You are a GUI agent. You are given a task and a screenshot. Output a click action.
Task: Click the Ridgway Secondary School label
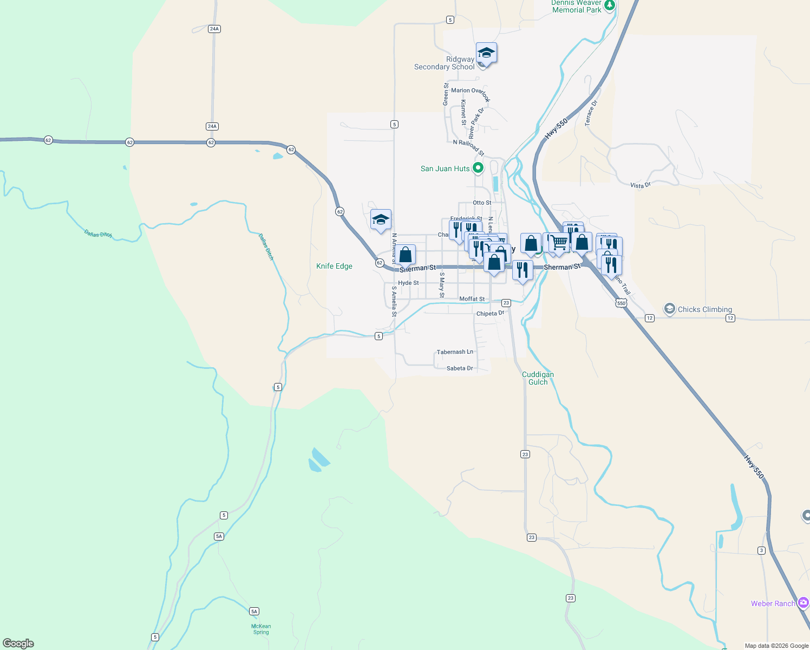pyautogui.click(x=445, y=63)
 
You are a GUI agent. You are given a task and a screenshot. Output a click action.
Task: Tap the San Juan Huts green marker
pyautogui.click(x=478, y=168)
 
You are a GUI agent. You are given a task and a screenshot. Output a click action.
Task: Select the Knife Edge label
pyautogui.click(x=334, y=266)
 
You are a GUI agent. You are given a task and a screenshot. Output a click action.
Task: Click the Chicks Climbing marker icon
pyautogui.click(x=670, y=309)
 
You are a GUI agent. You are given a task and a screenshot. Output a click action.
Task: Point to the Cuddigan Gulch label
pyautogui.click(x=538, y=378)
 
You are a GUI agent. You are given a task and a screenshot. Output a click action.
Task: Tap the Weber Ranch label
pyautogui.click(x=773, y=603)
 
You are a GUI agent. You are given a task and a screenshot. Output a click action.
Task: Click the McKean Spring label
pyautogui.click(x=261, y=629)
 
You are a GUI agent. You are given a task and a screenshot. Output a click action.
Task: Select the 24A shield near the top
pyautogui.click(x=214, y=29)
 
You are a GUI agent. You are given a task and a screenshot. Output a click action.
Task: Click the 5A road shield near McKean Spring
pyautogui.click(x=254, y=611)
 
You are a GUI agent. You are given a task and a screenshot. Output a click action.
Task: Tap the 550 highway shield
pyautogui.click(x=621, y=303)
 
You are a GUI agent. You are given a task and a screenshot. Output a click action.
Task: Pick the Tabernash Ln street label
pyautogui.click(x=455, y=352)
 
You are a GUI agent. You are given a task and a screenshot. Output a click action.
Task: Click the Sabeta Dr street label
pyautogui.click(x=460, y=368)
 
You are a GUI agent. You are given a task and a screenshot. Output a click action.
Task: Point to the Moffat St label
pyautogui.click(x=472, y=299)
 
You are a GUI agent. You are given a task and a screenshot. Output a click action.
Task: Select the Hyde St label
pyautogui.click(x=408, y=283)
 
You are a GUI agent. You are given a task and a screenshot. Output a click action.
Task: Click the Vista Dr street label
pyautogui.click(x=640, y=185)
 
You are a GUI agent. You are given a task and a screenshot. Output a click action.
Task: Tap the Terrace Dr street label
pyautogui.click(x=591, y=113)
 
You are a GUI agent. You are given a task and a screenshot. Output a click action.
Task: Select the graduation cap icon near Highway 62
pyautogui.click(x=381, y=219)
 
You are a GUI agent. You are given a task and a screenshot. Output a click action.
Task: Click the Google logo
pyautogui.click(x=18, y=643)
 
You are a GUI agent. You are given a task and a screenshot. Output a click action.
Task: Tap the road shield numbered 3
pyautogui.click(x=761, y=550)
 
